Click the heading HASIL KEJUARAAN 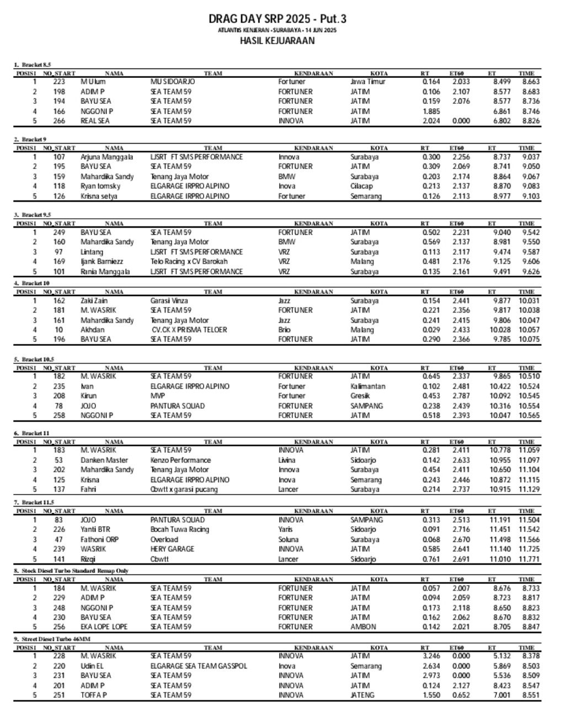point(277,40)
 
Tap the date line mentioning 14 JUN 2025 point(277,30)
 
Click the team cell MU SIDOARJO point(173,82)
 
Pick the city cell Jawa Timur point(367,82)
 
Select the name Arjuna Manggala point(107,157)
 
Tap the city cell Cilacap point(361,186)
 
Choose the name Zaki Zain point(94,301)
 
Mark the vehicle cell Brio point(284,330)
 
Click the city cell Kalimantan point(367,387)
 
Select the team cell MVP point(158,396)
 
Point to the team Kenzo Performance point(180,460)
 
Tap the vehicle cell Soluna point(288,540)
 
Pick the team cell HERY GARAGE point(172,549)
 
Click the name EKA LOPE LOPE point(104,627)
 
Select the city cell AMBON point(363,627)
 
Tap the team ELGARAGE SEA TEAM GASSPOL point(199,666)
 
